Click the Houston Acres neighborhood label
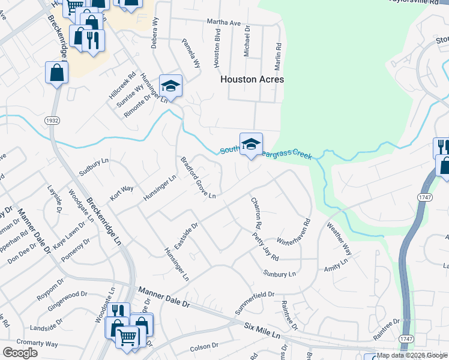click(252, 79)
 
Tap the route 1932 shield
click(52, 121)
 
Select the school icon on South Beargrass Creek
click(251, 143)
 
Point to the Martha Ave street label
click(223, 23)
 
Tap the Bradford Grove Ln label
click(198, 176)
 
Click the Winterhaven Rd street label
click(292, 233)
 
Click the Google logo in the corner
click(20, 353)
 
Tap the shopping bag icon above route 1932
click(56, 73)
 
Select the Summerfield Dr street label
click(255, 299)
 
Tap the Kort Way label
click(121, 193)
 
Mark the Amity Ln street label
click(336, 266)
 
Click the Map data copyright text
click(412, 355)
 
